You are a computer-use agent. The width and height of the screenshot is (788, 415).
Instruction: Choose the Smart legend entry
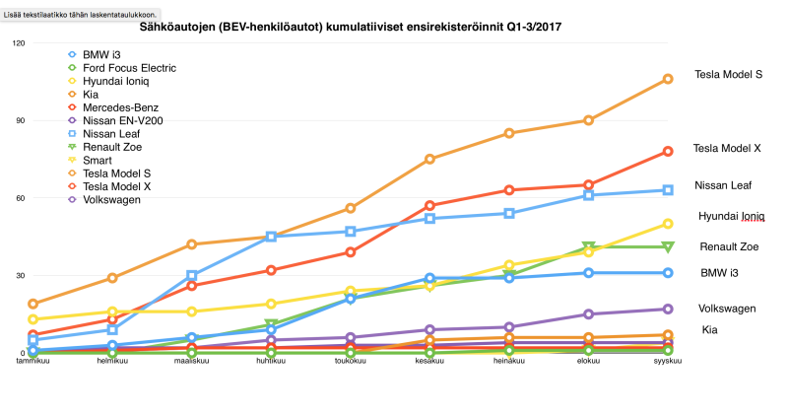pyautogui.click(x=98, y=160)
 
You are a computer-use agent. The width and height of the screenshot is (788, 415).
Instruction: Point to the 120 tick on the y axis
pyautogui.click(x=19, y=43)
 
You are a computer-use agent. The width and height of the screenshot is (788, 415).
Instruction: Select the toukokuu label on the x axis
pyautogui.click(x=350, y=362)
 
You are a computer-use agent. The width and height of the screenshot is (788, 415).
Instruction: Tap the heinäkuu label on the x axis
pyautogui.click(x=508, y=362)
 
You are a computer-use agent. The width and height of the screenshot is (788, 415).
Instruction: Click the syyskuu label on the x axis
pyautogui.click(x=668, y=362)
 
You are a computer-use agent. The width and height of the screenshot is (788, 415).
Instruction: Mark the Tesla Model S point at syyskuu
pyautogui.click(x=668, y=79)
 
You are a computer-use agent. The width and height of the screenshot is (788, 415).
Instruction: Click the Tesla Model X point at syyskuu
pyautogui.click(x=668, y=151)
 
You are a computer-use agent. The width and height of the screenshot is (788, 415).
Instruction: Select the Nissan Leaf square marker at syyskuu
pyautogui.click(x=668, y=190)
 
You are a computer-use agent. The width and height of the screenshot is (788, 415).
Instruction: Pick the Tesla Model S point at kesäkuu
pyautogui.click(x=429, y=159)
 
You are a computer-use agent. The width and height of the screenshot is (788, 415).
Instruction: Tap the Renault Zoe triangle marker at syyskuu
pyautogui.click(x=668, y=246)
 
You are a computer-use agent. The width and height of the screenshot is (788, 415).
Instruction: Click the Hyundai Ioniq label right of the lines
pyautogui.click(x=732, y=216)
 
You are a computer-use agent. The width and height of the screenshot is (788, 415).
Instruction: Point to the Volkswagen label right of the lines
pyautogui.click(x=727, y=309)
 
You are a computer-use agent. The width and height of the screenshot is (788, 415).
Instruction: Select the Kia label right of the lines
pyautogui.click(x=709, y=329)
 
